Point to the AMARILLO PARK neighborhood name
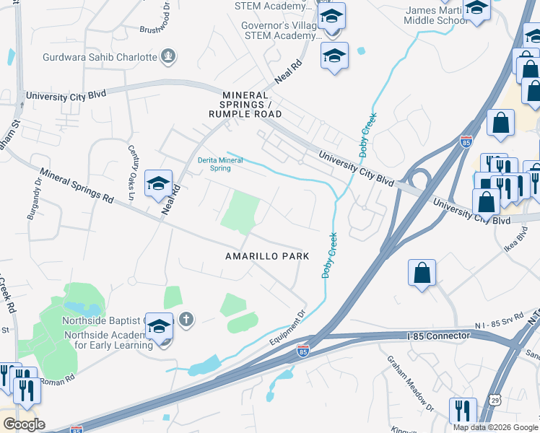[x=267, y=256]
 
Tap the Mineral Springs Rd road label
[x=77, y=185]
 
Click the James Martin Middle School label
[x=437, y=15]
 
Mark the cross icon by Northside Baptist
[x=186, y=319]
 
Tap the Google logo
[x=23, y=424]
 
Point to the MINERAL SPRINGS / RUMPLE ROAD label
[x=245, y=105]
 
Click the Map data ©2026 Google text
[x=495, y=427]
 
